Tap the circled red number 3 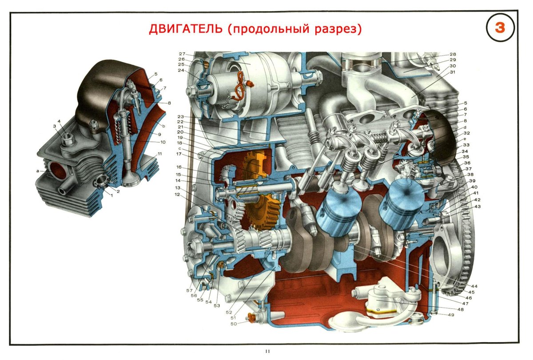[500, 28]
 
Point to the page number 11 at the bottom [267, 352]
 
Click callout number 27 [182, 54]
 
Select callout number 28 [453, 54]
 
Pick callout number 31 [453, 72]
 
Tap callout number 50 [234, 324]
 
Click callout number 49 [451, 315]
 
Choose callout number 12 [177, 194]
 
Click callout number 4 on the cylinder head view [58, 121]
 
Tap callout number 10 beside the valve [163, 142]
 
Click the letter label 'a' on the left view [39, 170]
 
